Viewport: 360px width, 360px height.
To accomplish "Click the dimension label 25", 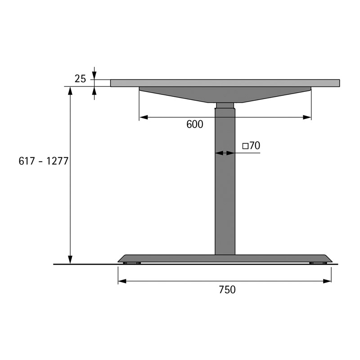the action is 80,79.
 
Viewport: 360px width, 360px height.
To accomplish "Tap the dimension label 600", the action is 195,125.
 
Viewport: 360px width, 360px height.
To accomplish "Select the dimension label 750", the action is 227,290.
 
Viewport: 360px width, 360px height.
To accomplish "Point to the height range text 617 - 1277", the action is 43,161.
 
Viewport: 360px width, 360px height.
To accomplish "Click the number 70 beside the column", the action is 255,145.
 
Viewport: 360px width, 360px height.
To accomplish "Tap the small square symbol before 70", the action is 245,146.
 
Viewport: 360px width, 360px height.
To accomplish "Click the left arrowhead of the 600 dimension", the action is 144,117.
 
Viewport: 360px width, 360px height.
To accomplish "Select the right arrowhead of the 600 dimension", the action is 307,117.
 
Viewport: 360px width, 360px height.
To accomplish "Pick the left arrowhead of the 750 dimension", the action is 122,281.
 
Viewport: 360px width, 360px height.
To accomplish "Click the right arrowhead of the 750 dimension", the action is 327,281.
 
